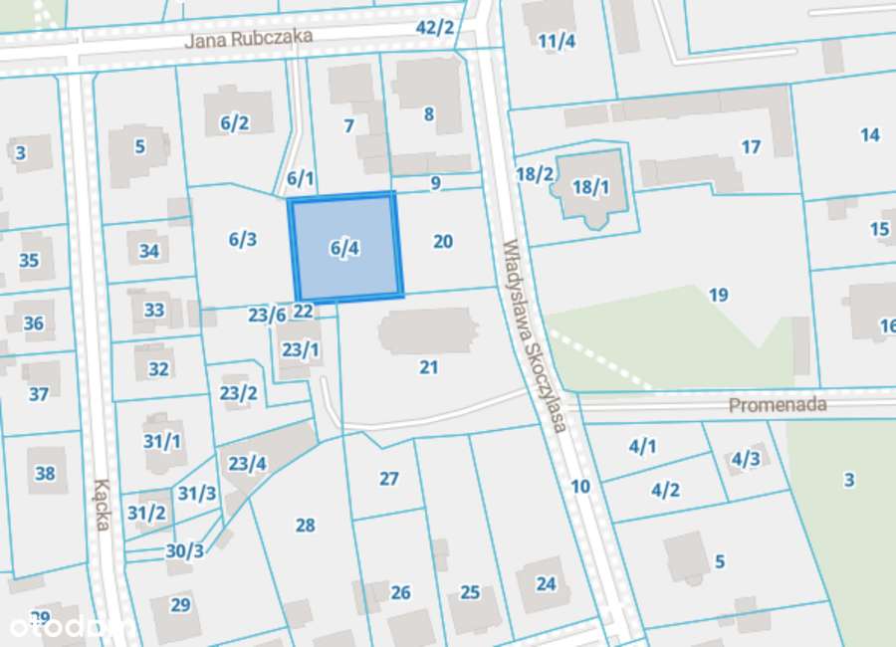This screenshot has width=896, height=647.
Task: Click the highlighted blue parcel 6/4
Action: tap(345, 247)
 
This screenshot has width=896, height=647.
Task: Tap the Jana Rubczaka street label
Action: tap(249, 38)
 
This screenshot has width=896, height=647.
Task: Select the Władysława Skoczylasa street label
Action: tap(534, 333)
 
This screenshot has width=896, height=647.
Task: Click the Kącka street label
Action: tap(101, 505)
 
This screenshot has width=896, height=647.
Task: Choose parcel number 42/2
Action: tap(434, 27)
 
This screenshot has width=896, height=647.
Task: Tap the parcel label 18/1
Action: tap(590, 186)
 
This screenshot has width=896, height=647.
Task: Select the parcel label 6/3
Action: tap(242, 239)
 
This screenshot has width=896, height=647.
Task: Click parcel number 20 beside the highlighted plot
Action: tap(443, 241)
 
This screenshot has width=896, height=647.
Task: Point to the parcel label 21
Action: tap(428, 367)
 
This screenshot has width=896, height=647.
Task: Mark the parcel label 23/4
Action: tap(247, 463)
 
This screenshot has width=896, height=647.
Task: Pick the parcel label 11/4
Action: tap(557, 41)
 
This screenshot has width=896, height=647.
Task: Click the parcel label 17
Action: tap(751, 146)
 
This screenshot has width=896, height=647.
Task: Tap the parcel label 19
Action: tap(718, 294)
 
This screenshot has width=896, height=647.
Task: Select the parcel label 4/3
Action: tap(745, 459)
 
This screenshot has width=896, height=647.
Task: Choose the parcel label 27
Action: tap(388, 479)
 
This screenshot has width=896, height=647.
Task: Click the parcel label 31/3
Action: tap(197, 493)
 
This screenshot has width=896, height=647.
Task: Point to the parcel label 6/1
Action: tap(300, 179)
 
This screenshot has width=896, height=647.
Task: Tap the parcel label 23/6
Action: tap(267, 315)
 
